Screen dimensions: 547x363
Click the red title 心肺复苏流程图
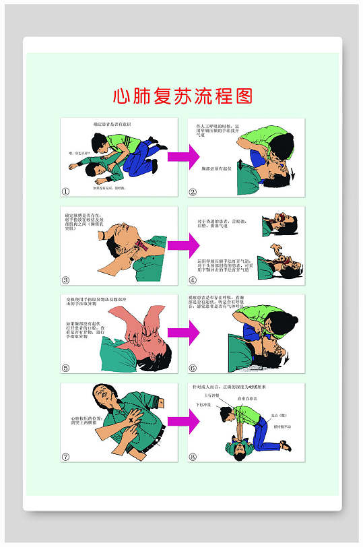(182, 96)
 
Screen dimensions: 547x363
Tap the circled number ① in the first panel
(66, 191)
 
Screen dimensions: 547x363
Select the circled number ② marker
(193, 191)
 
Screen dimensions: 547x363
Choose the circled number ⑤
(66, 368)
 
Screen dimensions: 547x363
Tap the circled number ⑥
(193, 368)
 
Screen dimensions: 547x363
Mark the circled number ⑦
(66, 456)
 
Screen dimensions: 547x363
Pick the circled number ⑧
(193, 456)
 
